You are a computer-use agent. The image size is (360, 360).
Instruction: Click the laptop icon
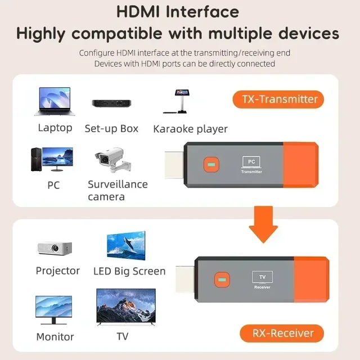pos(55,101)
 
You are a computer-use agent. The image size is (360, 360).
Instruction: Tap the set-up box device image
pos(111,103)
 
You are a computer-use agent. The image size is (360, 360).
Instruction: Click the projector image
pos(54,247)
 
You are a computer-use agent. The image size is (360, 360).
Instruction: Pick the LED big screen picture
pos(126,245)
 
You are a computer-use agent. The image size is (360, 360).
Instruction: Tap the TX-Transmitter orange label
pos(280,100)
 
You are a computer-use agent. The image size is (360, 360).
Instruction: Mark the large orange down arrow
pos(263,224)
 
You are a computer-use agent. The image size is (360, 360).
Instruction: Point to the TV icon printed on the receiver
pos(262,277)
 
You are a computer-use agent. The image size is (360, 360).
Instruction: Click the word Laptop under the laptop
pos(55,128)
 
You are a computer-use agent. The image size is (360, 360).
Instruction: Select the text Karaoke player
pos(190,129)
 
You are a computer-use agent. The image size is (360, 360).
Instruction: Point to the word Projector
pos(57,271)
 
